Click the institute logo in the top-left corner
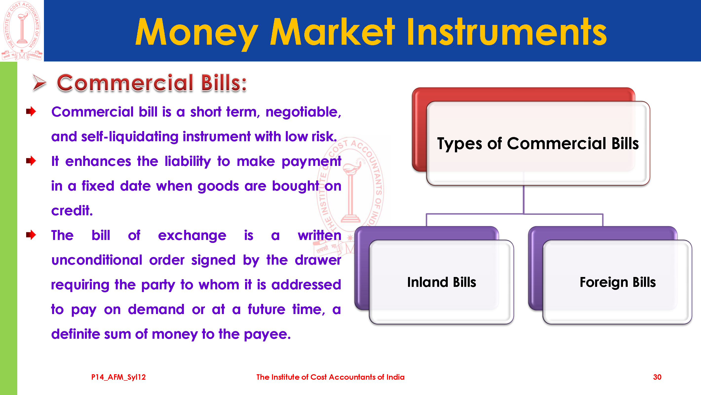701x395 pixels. pos(22,31)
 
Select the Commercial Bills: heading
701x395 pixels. pos(152,83)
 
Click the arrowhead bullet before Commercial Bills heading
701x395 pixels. pos(39,82)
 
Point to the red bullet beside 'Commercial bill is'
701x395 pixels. pos(31,111)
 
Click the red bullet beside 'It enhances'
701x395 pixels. pos(31,161)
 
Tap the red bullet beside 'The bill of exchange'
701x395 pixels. pos(31,235)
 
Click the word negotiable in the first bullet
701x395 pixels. pos(303,112)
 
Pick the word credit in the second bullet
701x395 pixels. pos(72,210)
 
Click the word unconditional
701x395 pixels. pos(97,260)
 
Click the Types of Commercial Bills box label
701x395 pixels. pos(538,143)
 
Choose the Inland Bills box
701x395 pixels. pos(441,282)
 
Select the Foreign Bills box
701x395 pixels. pos(617,282)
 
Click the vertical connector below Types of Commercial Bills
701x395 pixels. pos(524,200)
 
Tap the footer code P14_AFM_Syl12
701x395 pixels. pos(118,377)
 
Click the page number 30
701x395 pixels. pos(657,377)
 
